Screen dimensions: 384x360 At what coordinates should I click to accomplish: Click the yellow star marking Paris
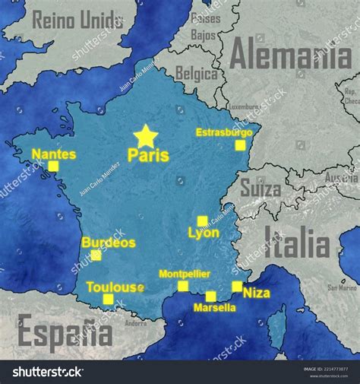click(x=145, y=137)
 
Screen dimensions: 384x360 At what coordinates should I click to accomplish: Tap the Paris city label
click(x=148, y=155)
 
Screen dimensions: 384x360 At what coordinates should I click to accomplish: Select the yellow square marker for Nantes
click(x=53, y=166)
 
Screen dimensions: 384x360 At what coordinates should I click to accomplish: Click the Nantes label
click(x=54, y=154)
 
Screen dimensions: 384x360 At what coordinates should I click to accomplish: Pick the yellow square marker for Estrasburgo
click(x=240, y=145)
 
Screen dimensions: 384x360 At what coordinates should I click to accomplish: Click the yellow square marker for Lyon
click(x=202, y=221)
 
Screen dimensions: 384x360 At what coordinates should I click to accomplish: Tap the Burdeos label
click(x=108, y=243)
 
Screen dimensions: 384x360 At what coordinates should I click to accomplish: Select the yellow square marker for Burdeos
click(x=96, y=255)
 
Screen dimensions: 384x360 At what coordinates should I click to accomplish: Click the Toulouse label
click(x=115, y=287)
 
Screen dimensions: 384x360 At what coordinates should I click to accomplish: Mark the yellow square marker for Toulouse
click(x=108, y=299)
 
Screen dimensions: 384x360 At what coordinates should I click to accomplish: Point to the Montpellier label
click(x=185, y=274)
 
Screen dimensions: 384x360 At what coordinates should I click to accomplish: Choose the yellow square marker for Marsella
click(x=210, y=296)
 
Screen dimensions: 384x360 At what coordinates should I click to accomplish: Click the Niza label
click(x=257, y=293)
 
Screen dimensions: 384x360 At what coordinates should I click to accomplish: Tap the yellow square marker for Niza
click(x=237, y=287)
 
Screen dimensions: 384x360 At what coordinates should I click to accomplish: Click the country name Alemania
click(x=291, y=54)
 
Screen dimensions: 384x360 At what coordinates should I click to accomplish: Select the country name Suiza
click(x=261, y=187)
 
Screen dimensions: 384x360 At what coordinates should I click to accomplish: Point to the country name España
click(x=65, y=332)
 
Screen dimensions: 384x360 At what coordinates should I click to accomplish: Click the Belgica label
click(x=197, y=73)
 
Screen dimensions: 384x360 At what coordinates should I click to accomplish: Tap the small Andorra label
click(x=136, y=323)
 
